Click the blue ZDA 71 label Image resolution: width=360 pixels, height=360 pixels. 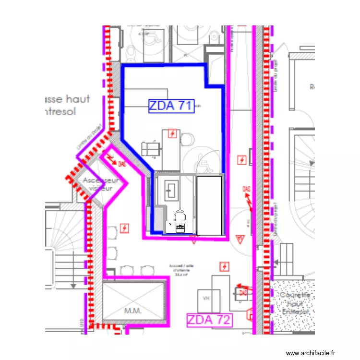(x=171, y=106)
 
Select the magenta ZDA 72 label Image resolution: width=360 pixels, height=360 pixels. (x=209, y=320)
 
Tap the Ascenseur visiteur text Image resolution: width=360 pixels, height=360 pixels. (x=101, y=184)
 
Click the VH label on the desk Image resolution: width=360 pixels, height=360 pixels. (x=206, y=299)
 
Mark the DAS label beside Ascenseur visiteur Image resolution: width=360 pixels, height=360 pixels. (x=122, y=164)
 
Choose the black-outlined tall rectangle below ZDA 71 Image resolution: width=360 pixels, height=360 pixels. (x=209, y=205)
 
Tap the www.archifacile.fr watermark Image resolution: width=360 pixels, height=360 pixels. (x=312, y=353)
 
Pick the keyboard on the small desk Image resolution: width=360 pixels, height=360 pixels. (x=180, y=228)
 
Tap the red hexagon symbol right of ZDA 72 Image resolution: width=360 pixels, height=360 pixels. (x=250, y=315)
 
